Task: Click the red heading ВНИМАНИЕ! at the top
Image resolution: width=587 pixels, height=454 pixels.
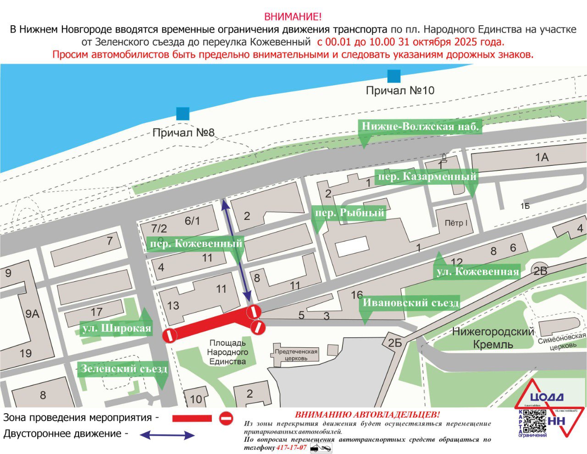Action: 293,17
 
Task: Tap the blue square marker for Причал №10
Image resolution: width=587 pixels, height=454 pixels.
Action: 393,76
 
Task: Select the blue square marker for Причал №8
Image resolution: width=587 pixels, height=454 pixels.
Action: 183,113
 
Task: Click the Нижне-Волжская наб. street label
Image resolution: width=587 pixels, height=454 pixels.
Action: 420,127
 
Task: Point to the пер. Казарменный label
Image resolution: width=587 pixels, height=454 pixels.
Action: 426,177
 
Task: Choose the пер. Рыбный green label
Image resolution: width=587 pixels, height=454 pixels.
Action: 349,213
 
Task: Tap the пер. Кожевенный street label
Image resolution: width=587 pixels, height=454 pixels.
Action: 196,244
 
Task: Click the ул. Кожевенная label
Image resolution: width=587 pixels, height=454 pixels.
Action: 477,272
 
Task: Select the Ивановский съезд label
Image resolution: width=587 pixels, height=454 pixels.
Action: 410,303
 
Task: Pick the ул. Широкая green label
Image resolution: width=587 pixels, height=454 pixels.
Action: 116,328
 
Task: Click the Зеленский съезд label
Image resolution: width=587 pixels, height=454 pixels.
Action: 124,369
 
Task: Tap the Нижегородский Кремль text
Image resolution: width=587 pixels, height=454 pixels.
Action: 493,338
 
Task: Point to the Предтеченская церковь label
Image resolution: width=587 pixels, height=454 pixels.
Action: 296,355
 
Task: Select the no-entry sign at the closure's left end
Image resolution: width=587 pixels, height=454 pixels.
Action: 170,335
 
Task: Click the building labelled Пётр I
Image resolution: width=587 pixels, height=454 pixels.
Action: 456,223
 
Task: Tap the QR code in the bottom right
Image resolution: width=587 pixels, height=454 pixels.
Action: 534,421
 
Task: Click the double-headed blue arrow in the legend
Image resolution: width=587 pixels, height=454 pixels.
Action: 167,435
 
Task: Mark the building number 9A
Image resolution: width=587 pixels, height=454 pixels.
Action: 32,314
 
